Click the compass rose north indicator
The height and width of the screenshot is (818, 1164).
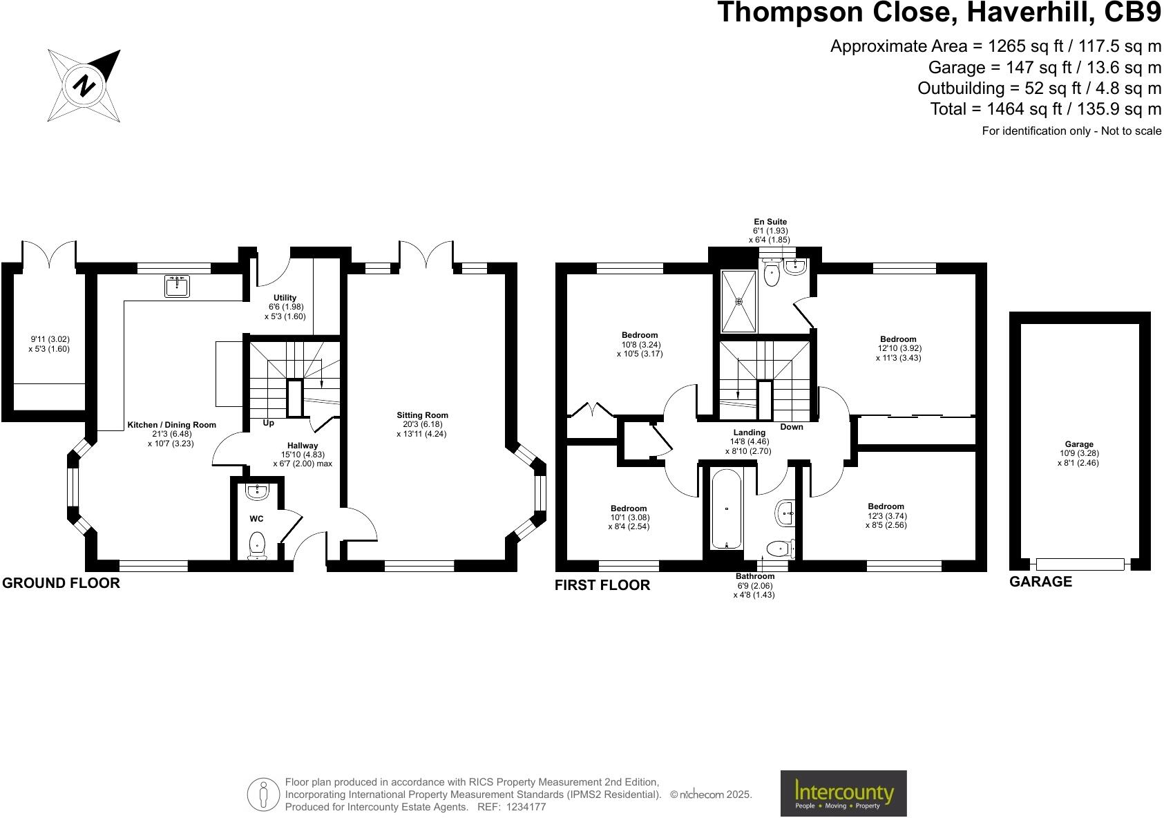tap(84, 86)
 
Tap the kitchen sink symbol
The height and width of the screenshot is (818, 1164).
tap(178, 285)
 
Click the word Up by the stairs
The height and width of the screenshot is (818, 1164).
tap(268, 423)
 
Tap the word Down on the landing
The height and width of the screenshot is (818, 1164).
tap(792, 427)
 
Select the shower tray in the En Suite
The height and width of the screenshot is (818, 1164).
tap(738, 301)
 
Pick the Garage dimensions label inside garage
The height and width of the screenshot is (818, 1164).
tap(1078, 454)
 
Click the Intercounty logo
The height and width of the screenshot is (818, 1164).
tap(843, 793)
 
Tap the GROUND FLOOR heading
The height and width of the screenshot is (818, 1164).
tap(61, 583)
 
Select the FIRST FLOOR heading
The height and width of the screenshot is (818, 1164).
tap(602, 585)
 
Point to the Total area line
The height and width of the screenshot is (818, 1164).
tap(1046, 109)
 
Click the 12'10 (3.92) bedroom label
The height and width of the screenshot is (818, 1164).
tap(898, 348)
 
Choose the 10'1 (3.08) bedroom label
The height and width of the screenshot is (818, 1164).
tap(629, 517)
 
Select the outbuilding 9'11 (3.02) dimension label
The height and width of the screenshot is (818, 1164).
tap(49, 344)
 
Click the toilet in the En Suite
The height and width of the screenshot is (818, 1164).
tap(772, 275)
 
